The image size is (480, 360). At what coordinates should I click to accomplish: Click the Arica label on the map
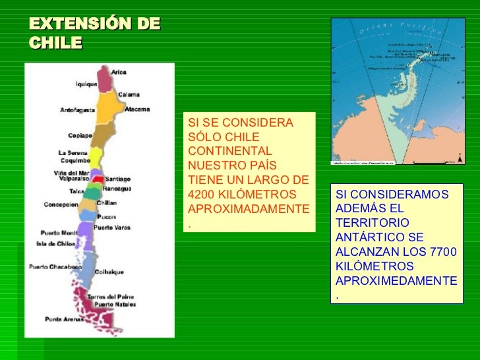(x=119, y=72)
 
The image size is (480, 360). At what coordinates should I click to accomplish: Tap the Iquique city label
(x=86, y=84)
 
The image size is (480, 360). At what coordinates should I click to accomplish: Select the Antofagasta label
(x=78, y=110)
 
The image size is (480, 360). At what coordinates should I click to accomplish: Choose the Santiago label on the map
(x=117, y=179)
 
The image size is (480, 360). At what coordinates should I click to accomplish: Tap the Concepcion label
(x=61, y=204)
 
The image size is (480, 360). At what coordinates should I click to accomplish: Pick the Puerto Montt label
(x=59, y=233)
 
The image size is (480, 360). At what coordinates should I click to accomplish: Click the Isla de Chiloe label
(x=56, y=244)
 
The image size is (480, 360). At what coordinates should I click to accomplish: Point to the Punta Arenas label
(x=64, y=319)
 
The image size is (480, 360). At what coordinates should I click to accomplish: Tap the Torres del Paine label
(x=111, y=297)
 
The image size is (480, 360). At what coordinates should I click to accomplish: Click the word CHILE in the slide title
(x=55, y=43)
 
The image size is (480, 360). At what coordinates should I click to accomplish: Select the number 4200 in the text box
(x=202, y=195)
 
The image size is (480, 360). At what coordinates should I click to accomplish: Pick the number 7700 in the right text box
(x=442, y=253)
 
